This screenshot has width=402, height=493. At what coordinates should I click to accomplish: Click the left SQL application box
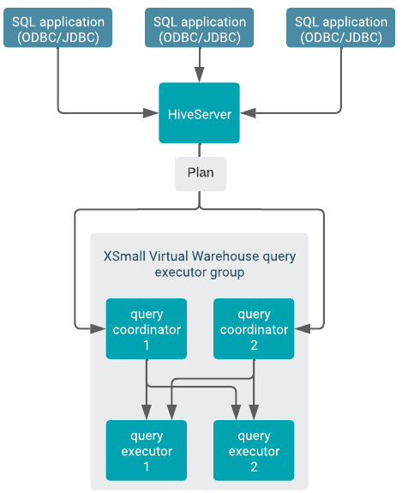point(58,28)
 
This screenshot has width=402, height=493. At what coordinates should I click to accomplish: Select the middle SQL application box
point(200,28)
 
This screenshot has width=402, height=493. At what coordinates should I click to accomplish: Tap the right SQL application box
point(340,28)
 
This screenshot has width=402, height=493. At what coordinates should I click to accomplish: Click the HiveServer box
point(200,113)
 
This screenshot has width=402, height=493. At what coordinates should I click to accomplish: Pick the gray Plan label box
point(200,172)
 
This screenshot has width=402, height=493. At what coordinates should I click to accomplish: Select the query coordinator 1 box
point(146,329)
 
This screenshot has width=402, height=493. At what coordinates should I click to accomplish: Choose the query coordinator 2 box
point(254,329)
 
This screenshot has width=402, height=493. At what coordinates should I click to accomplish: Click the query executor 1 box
point(146,450)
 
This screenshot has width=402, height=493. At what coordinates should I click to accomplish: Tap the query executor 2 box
point(254,450)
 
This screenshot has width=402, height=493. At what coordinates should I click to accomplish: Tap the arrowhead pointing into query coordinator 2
point(301,327)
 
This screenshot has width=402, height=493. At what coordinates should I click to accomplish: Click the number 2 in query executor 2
point(254,466)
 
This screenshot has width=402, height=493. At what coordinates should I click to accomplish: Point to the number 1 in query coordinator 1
point(146,346)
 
